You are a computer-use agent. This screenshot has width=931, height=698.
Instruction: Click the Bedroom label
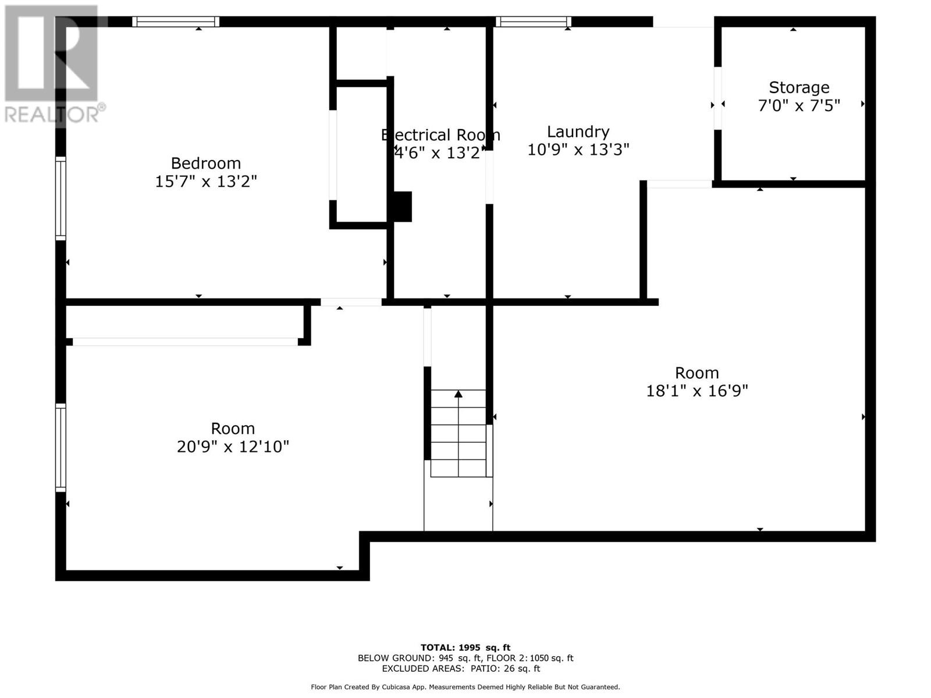point(206,163)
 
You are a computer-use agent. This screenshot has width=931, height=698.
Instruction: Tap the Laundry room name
point(578,132)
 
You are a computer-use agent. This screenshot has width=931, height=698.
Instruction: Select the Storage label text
point(799,87)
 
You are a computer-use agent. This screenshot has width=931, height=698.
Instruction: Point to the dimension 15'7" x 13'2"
point(206,181)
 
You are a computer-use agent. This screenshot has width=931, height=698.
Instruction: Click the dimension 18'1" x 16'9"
point(697,390)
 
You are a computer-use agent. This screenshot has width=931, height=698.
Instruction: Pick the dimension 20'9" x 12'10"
point(233,446)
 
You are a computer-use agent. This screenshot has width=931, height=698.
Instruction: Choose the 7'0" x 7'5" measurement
point(799,105)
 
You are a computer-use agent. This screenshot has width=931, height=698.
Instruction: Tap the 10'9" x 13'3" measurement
point(578,149)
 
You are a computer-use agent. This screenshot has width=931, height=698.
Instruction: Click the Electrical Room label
point(440,135)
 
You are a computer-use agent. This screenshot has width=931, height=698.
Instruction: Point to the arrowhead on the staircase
point(458,394)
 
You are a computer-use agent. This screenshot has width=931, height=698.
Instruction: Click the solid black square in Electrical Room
point(403,206)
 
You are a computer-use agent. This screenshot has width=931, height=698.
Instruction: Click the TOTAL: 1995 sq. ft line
point(465,647)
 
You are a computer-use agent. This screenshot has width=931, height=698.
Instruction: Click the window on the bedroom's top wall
point(176,22)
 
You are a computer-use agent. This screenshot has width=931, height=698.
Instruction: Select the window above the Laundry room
point(533,22)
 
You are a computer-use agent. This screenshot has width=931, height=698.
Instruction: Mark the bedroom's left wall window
point(61,198)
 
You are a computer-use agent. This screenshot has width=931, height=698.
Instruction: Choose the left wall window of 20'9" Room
point(61,447)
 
